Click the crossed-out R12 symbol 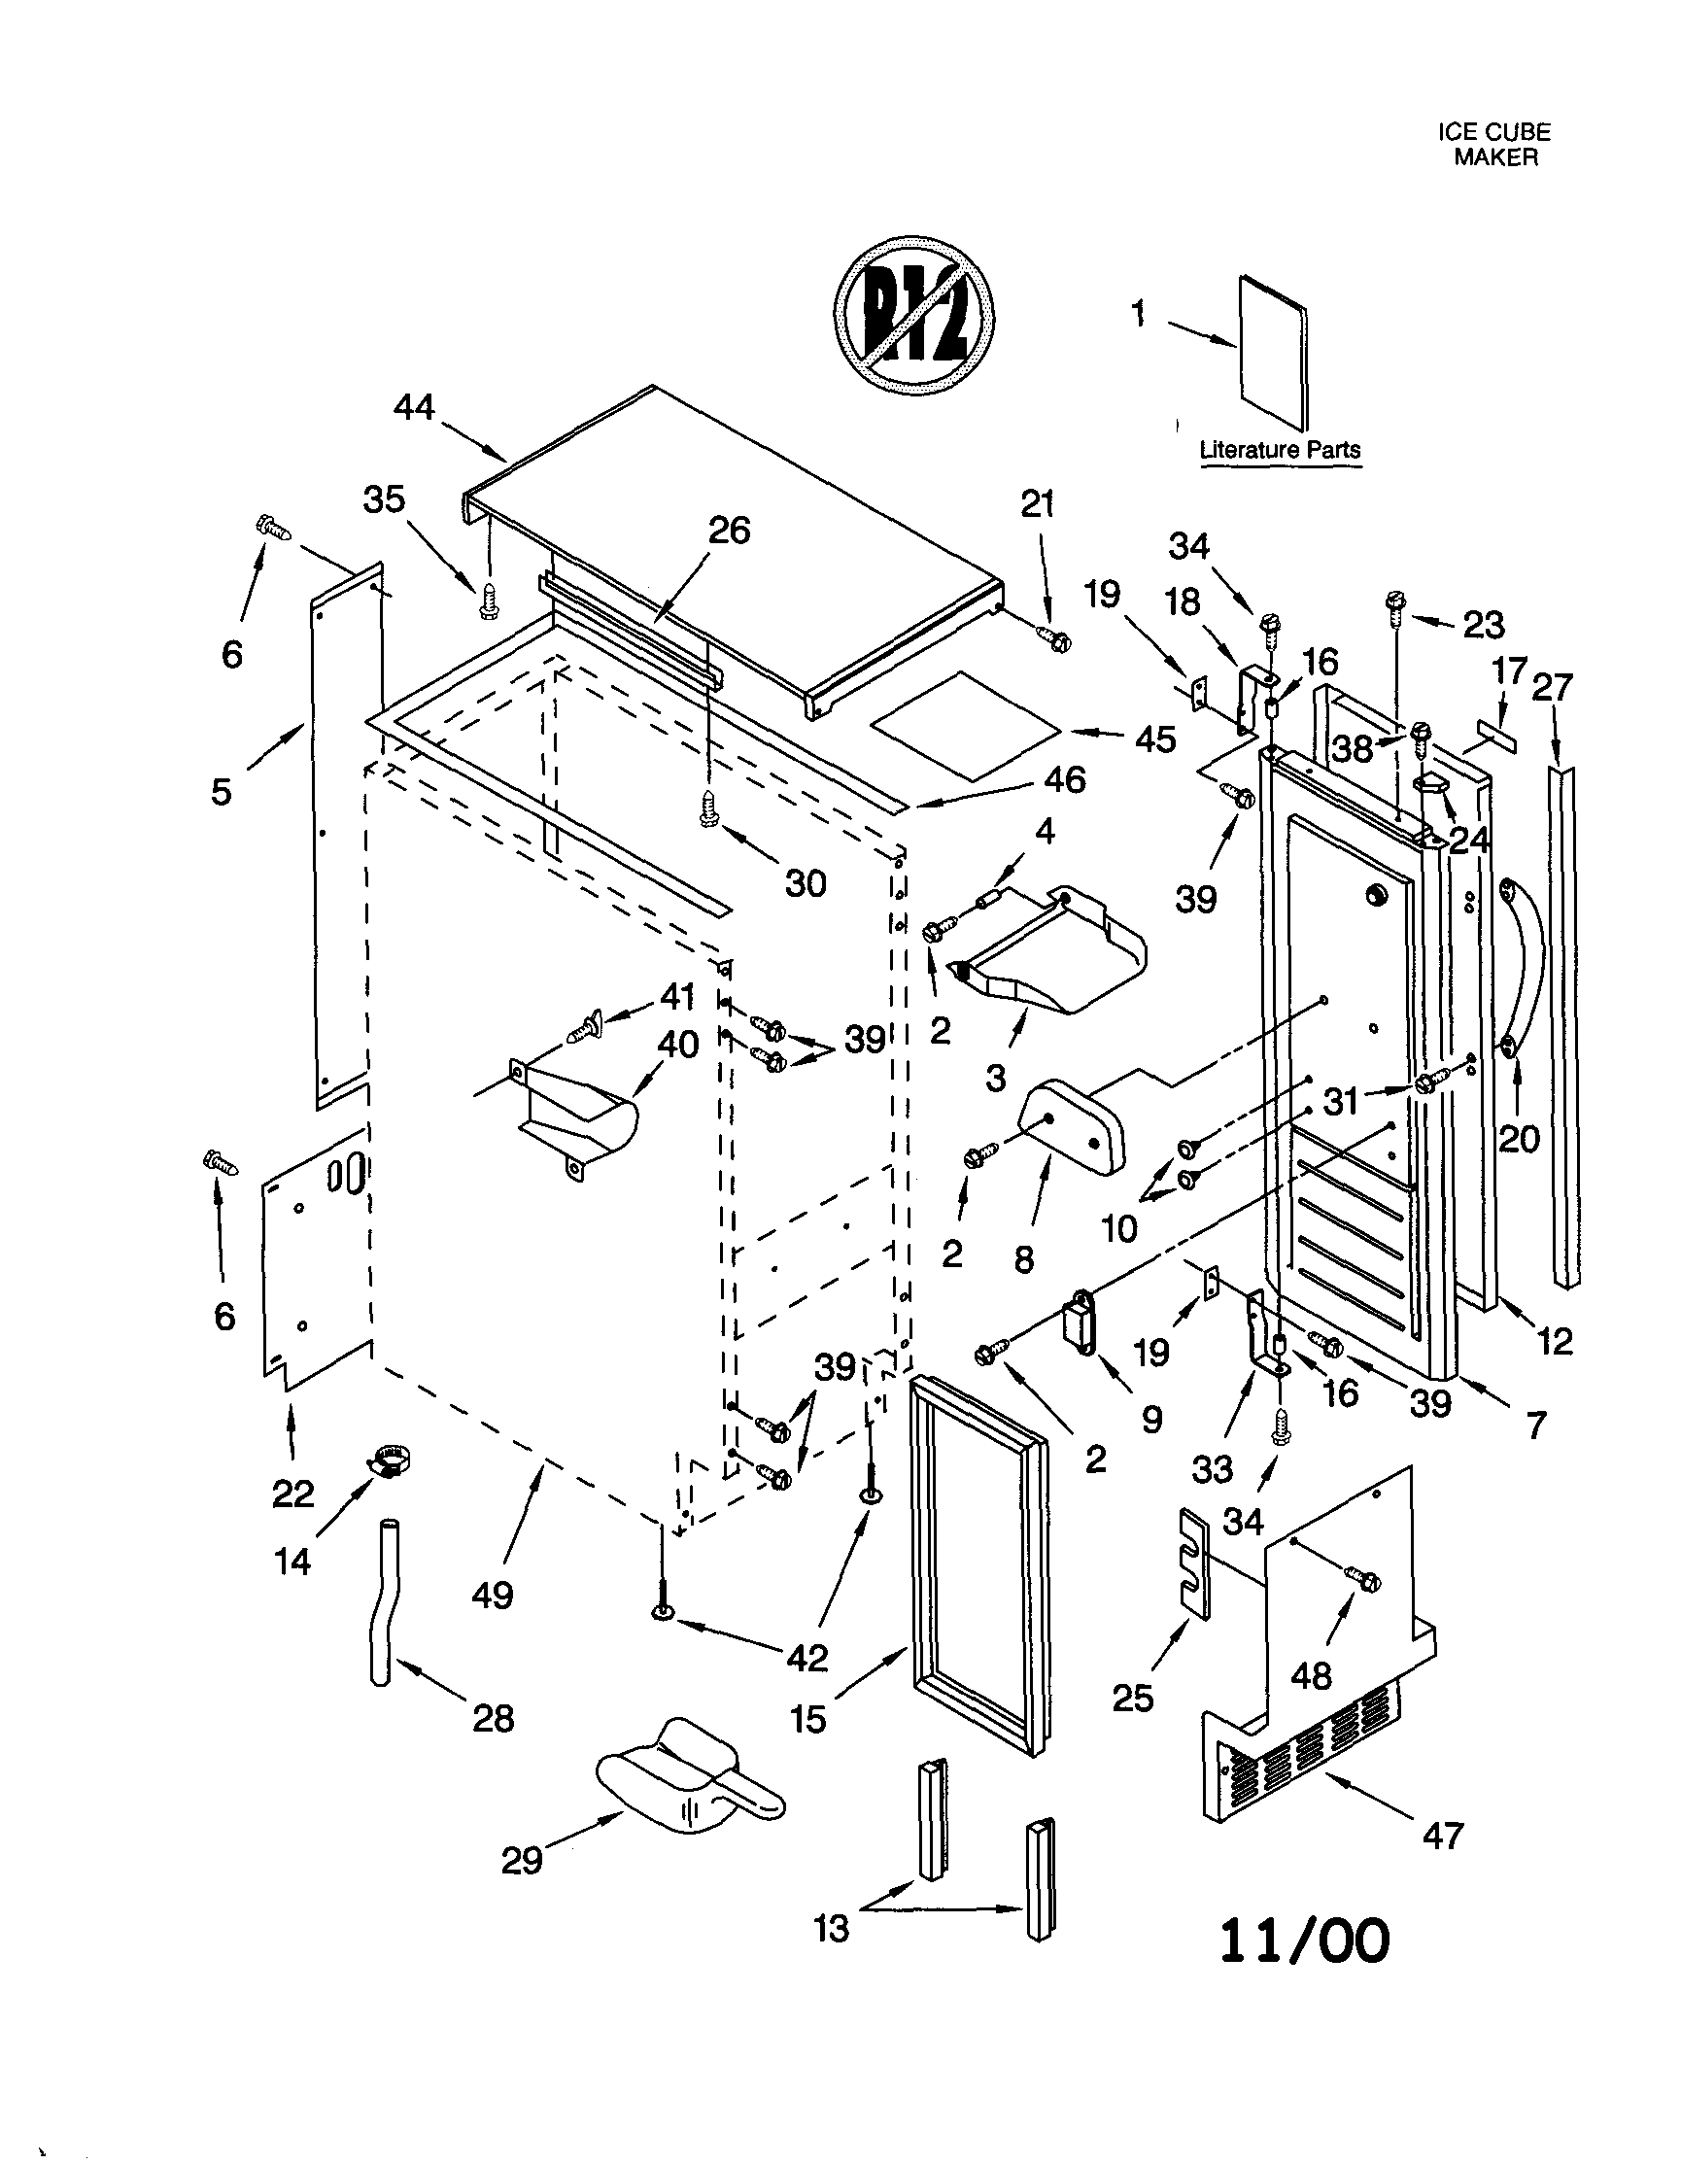[913, 316]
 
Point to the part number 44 [414, 408]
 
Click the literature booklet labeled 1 [1273, 353]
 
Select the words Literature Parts [1280, 450]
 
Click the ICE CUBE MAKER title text [1493, 145]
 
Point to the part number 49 [493, 1596]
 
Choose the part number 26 [729, 532]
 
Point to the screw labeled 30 [709, 808]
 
